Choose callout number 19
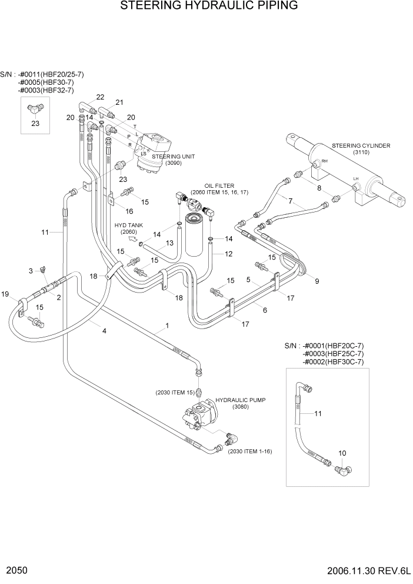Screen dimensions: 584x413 5,294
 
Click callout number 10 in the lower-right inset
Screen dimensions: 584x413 343,453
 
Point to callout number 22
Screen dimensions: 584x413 100,97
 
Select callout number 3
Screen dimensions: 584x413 31,270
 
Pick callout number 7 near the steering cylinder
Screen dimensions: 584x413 290,201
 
